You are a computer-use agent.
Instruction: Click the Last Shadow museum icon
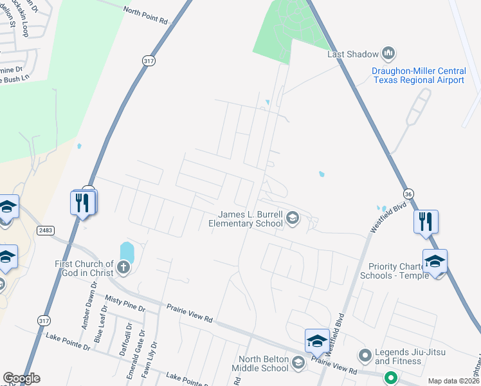click(x=388, y=52)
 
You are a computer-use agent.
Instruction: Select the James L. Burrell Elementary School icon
click(x=293, y=217)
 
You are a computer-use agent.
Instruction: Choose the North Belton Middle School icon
click(x=298, y=363)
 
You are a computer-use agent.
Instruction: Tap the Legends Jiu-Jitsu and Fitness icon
click(x=365, y=355)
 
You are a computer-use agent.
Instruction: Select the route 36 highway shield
click(x=408, y=194)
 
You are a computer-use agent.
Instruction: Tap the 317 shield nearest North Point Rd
click(x=147, y=59)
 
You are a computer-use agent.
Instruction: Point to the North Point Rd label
click(x=145, y=15)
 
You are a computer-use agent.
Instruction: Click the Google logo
click(x=21, y=378)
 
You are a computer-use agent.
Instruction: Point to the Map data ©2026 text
click(x=453, y=381)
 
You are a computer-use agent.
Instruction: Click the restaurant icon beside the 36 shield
click(x=426, y=221)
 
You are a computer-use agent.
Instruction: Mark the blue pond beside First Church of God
click(x=127, y=251)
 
